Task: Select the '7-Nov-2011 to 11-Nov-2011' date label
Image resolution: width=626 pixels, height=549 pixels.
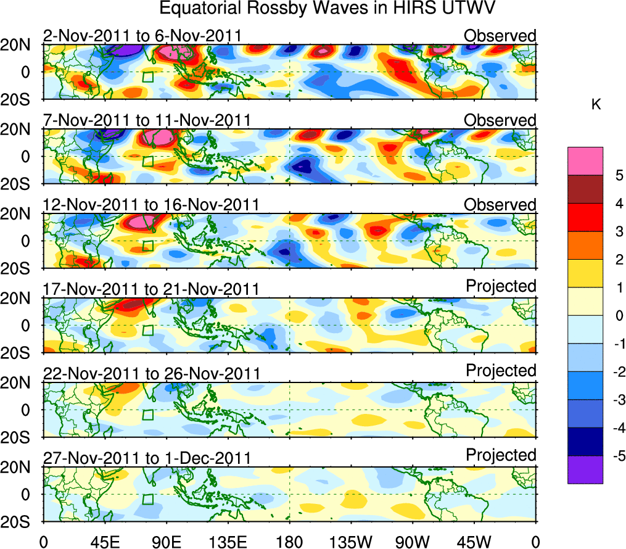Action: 147,120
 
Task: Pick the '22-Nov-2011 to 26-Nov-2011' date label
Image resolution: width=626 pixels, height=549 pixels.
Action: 151,374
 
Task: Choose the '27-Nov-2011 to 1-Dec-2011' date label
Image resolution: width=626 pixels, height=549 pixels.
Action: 147,458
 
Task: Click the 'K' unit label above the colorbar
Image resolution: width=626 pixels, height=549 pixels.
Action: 596,105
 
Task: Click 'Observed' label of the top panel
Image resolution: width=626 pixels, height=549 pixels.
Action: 500,36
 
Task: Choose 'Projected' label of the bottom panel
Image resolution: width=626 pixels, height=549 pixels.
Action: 501,455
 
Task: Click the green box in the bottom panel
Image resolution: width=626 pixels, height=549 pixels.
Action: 148,500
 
